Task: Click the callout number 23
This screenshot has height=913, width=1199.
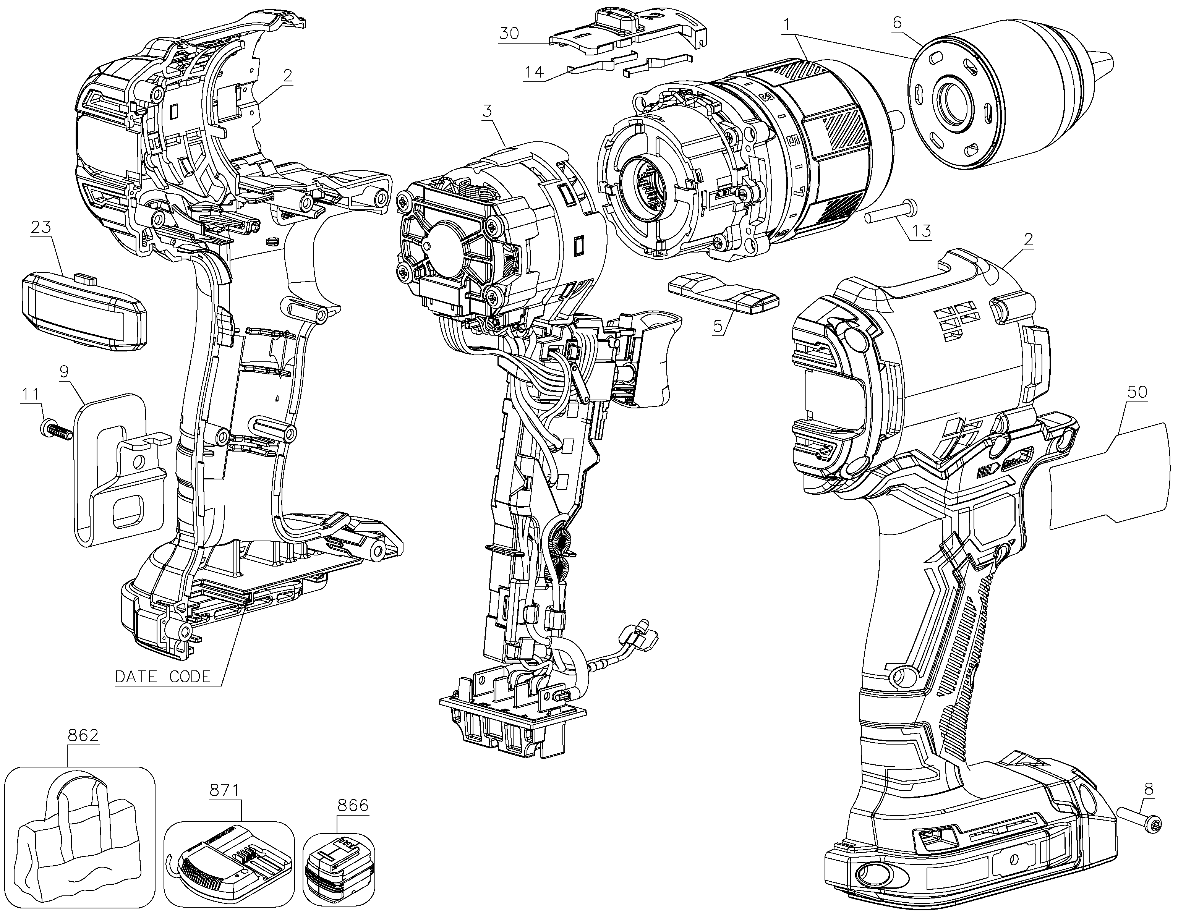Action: pyautogui.click(x=41, y=227)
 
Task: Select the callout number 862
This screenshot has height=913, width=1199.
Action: pyautogui.click(x=83, y=735)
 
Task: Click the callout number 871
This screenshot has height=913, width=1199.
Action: pyautogui.click(x=224, y=790)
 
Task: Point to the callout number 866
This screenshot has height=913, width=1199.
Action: pyautogui.click(x=353, y=805)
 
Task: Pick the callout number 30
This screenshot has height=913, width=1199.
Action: pyautogui.click(x=509, y=33)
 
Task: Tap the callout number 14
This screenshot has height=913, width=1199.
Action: pyautogui.click(x=534, y=72)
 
